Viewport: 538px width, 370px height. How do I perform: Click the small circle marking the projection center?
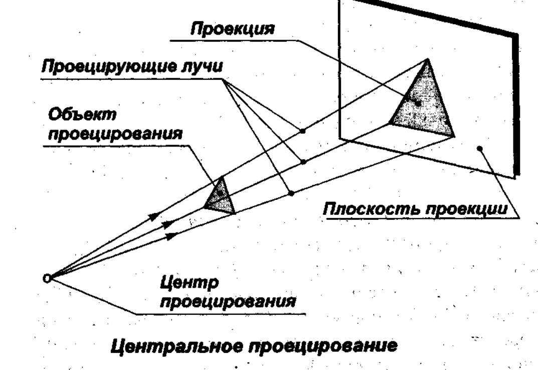pos(47,278)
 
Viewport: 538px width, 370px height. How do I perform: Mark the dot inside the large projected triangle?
pos(418,103)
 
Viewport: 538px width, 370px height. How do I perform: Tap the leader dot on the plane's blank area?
pos(480,148)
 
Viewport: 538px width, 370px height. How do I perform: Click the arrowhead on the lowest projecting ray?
pos(172,234)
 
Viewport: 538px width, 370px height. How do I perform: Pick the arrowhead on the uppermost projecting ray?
pos(155,215)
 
